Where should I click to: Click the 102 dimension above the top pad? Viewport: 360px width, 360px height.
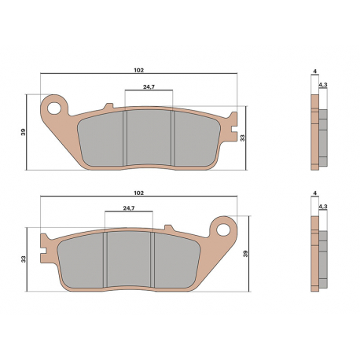[139, 70]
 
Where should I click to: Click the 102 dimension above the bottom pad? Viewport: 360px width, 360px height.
[139, 193]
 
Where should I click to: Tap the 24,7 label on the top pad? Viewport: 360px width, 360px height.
[149, 86]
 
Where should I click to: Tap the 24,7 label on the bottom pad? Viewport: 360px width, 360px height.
[129, 208]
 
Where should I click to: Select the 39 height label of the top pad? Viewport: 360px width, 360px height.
[24, 132]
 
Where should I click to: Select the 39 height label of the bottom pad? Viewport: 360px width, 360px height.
[245, 254]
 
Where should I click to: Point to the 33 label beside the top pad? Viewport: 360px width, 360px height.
[243, 138]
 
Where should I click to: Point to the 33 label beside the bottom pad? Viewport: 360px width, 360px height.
[24, 259]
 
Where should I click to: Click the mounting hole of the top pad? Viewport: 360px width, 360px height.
[54, 108]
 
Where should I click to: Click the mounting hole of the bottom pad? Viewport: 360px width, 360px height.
[223, 230]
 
